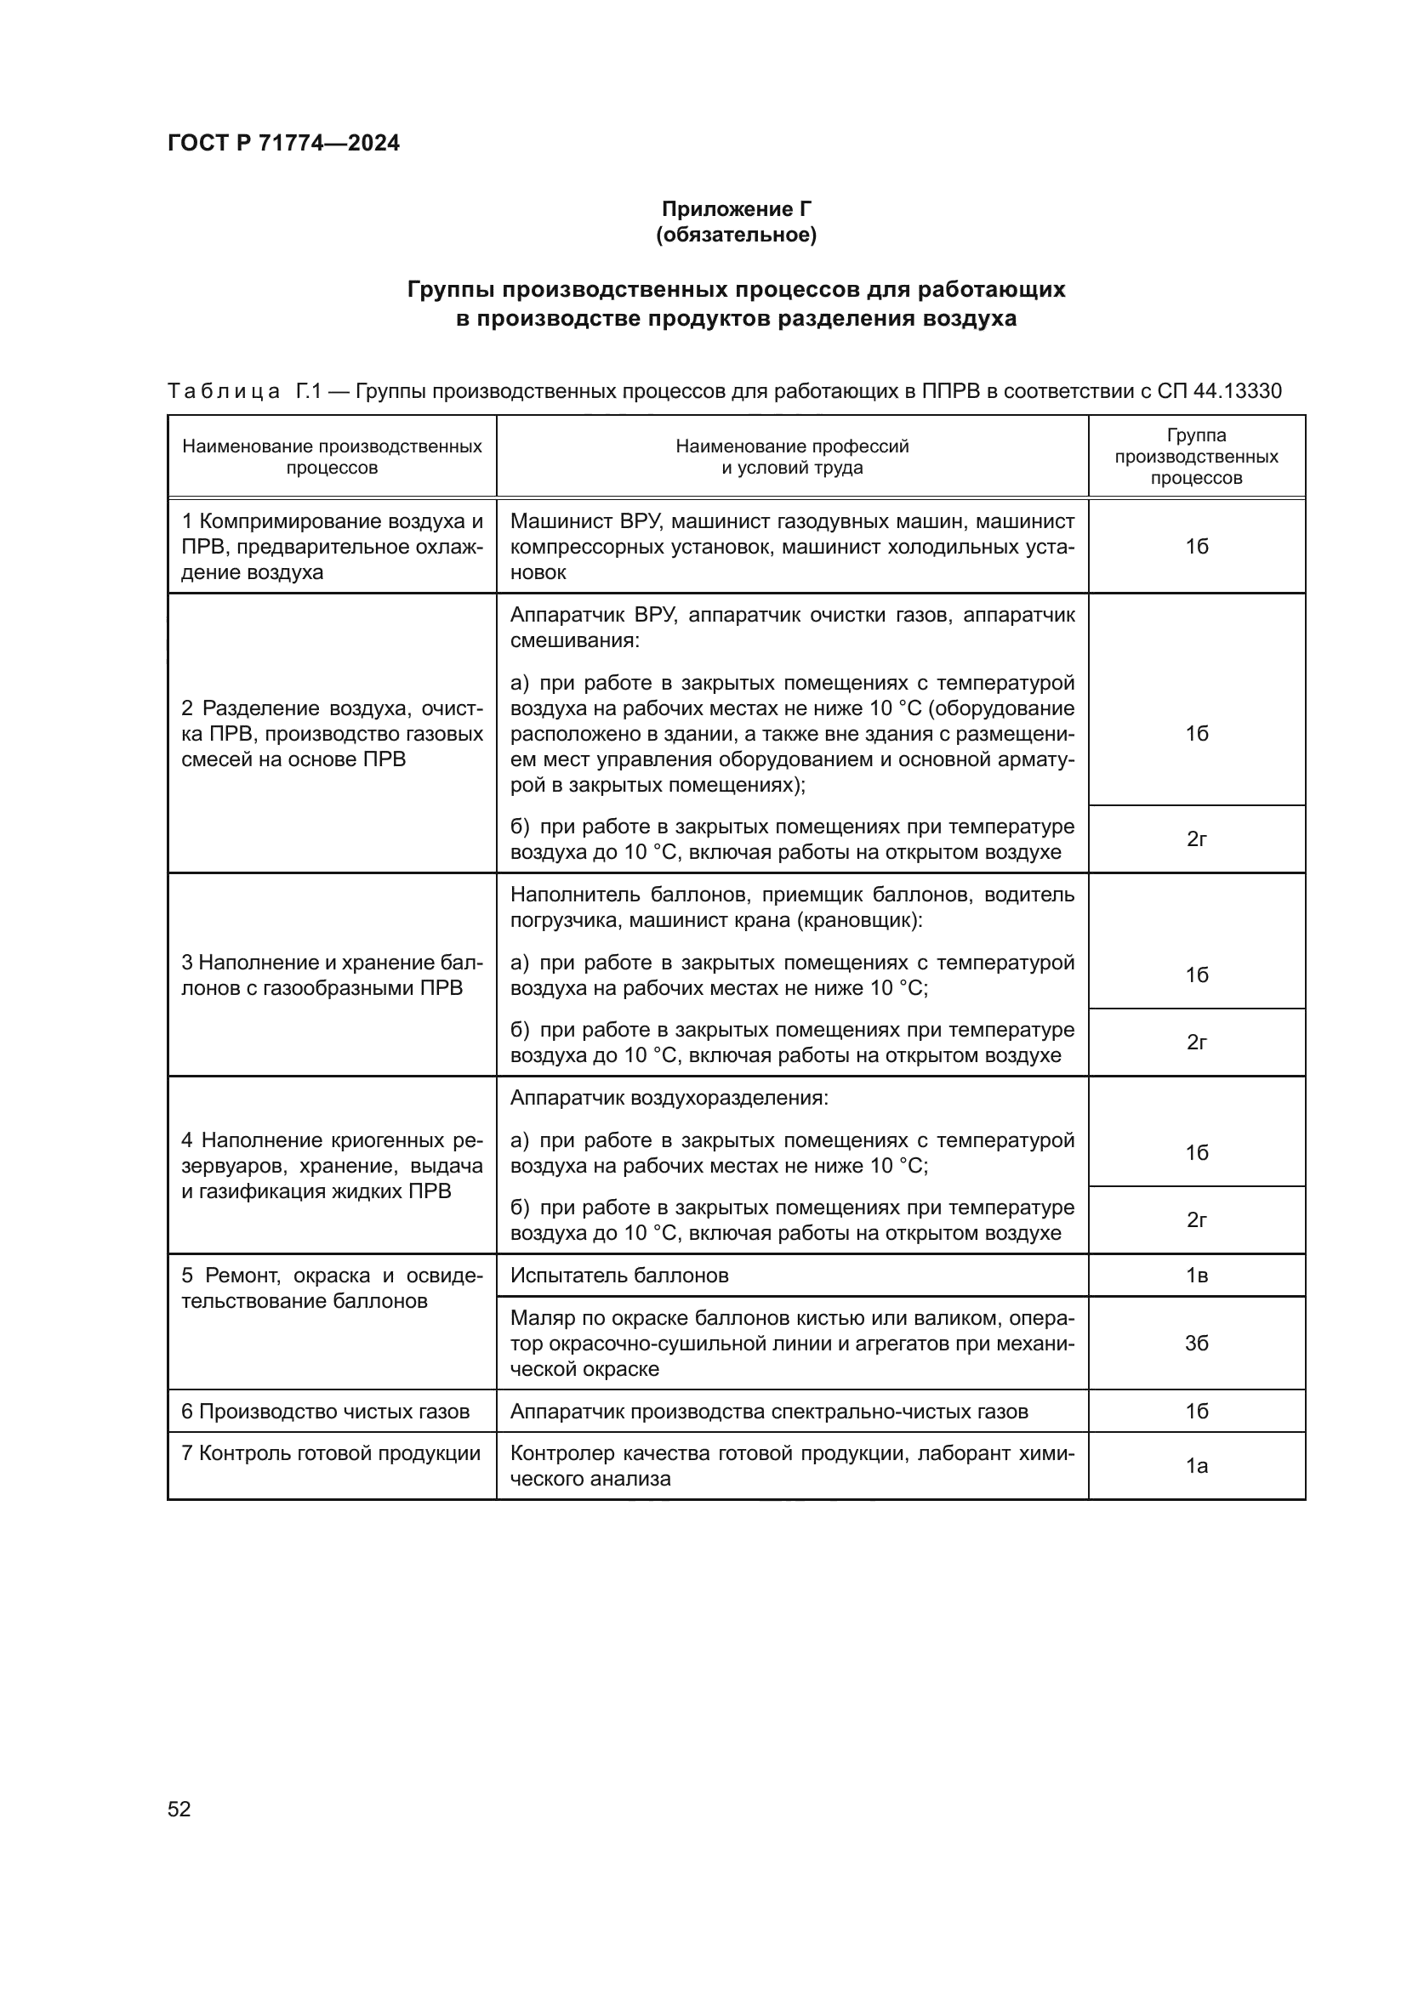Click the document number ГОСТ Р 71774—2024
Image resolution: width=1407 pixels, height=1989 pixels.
(283, 143)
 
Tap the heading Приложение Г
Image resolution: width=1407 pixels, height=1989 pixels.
(736, 209)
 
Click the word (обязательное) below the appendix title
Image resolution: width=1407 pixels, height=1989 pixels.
(736, 235)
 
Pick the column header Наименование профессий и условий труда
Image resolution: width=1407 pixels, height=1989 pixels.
(792, 457)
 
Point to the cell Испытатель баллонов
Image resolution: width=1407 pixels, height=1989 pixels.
(619, 1276)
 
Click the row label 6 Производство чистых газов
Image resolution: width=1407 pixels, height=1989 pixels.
(325, 1412)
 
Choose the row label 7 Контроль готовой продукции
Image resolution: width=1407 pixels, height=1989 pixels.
(330, 1452)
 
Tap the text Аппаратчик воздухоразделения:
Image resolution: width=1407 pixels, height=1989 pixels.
(669, 1098)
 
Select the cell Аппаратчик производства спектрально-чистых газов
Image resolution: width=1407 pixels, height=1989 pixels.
(768, 1412)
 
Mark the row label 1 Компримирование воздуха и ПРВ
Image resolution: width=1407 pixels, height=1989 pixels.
(332, 547)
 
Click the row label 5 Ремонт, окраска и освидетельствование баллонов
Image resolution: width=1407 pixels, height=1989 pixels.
(332, 1288)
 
